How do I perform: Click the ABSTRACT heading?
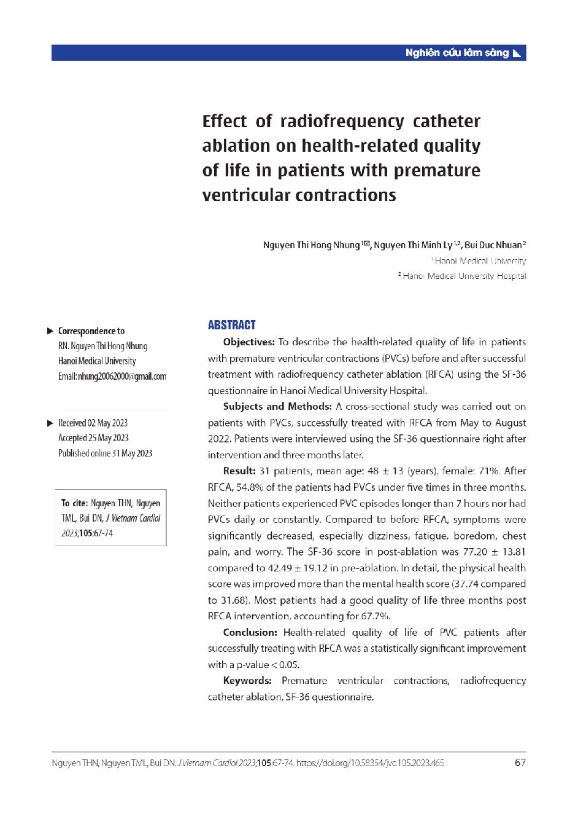[x=231, y=326]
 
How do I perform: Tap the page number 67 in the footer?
[x=520, y=763]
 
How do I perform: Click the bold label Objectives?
[x=249, y=342]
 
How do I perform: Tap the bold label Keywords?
[x=247, y=681]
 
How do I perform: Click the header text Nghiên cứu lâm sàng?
[x=457, y=53]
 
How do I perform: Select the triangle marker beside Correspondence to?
[x=50, y=331]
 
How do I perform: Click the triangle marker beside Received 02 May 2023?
[x=50, y=423]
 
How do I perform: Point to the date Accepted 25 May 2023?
[x=93, y=438]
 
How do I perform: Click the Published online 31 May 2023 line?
[x=105, y=453]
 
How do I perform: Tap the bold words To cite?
[x=74, y=503]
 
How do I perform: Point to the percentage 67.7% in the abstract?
[x=377, y=616]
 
